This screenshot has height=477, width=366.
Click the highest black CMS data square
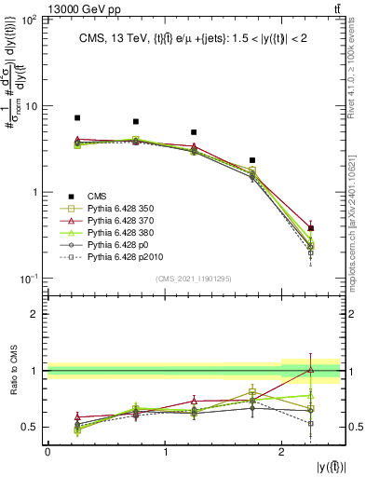(x=77, y=118)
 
